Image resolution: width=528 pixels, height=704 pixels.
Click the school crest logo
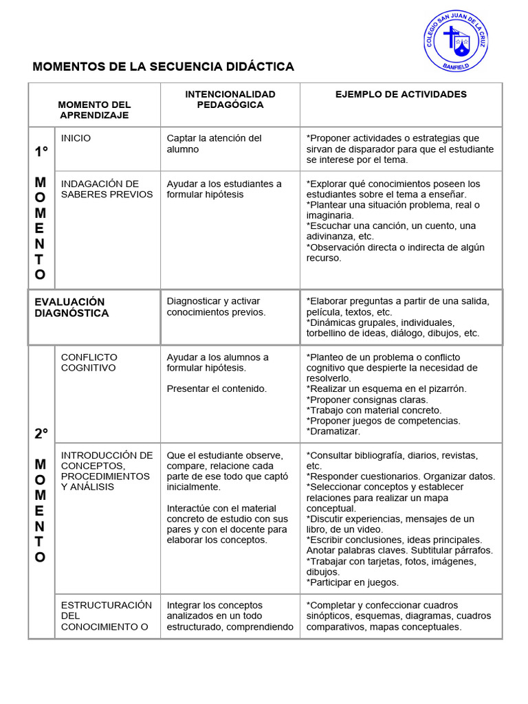pyautogui.click(x=455, y=41)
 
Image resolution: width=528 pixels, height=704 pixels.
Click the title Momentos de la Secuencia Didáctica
pyautogui.click(x=164, y=67)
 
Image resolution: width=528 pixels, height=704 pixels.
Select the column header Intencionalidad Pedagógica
pyautogui.click(x=230, y=99)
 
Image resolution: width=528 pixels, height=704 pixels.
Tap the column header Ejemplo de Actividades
pyautogui.click(x=401, y=94)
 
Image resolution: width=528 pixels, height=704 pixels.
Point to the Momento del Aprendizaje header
pyautogui.click(x=94, y=110)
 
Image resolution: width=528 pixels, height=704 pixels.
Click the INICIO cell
pyautogui.click(x=76, y=138)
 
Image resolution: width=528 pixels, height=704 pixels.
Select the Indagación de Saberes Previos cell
pyautogui.click(x=107, y=189)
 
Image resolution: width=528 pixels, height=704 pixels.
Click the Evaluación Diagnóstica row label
pyautogui.click(x=71, y=307)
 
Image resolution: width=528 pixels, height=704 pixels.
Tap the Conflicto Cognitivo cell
pyautogui.click(x=89, y=362)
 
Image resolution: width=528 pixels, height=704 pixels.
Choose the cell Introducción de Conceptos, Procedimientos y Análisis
pyautogui.click(x=107, y=471)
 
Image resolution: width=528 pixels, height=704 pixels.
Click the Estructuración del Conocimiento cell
pyautogui.click(x=107, y=616)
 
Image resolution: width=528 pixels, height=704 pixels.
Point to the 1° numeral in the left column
pyautogui.click(x=41, y=152)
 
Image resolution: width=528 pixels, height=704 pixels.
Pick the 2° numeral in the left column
pyautogui.click(x=41, y=434)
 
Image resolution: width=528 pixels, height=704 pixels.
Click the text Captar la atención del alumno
pyautogui.click(x=214, y=144)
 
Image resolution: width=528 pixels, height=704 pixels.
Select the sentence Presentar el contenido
pyautogui.click(x=217, y=388)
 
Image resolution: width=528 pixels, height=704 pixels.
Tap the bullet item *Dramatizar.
pyautogui.click(x=333, y=432)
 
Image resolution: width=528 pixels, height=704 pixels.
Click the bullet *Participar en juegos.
pyautogui.click(x=353, y=582)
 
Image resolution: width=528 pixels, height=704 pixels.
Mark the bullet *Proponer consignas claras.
pyautogui.click(x=367, y=399)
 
